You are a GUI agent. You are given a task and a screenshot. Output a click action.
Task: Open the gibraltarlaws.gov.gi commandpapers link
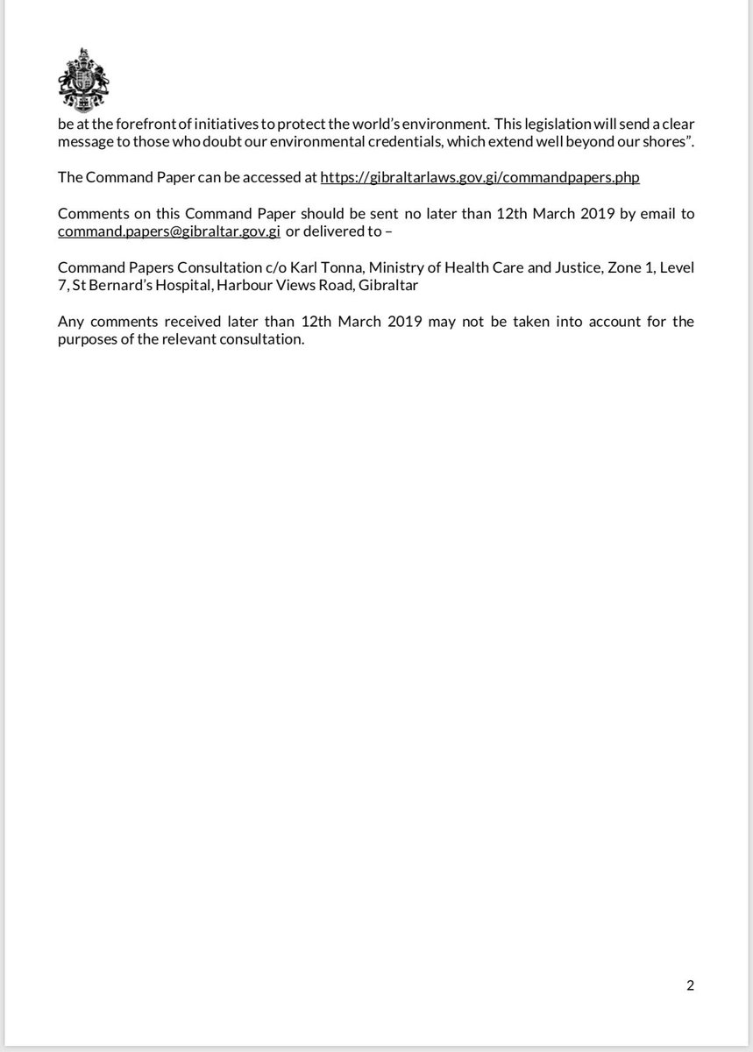click(480, 177)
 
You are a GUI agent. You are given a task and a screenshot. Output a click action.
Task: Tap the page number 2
click(690, 985)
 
